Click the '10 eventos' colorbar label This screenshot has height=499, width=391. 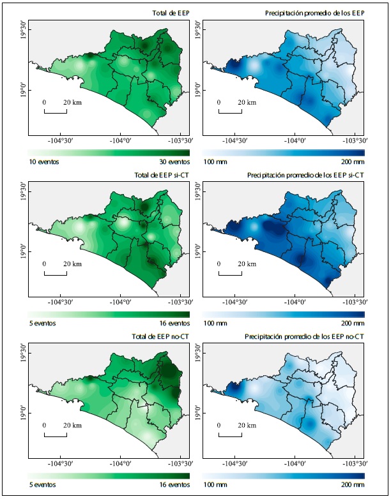(43, 162)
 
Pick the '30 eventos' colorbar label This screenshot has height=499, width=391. (174, 162)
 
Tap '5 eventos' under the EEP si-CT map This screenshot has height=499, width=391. (42, 324)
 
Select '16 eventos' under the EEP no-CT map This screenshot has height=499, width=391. (174, 485)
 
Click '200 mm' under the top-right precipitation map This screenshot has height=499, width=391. (351, 162)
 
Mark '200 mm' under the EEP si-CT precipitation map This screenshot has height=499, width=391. (351, 324)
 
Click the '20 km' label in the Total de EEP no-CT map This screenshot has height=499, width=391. (72, 425)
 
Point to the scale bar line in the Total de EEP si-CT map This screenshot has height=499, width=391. (56, 275)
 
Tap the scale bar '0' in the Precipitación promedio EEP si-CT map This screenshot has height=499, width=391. (218, 264)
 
